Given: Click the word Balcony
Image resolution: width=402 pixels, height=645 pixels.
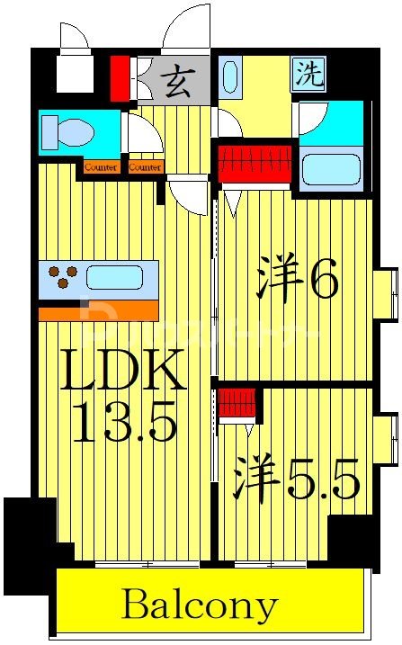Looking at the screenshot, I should (x=200, y=605).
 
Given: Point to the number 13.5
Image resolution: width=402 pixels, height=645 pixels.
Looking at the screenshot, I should (x=123, y=421).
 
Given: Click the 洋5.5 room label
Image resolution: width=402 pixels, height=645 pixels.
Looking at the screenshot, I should (x=297, y=477).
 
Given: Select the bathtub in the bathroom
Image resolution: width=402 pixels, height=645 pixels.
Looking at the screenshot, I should (x=331, y=168).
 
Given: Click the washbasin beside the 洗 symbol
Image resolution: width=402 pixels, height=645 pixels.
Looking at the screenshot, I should (x=230, y=76).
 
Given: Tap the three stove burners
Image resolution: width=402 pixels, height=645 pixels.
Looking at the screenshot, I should (x=60, y=277).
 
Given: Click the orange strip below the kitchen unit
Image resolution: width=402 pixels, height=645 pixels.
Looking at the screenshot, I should (x=98, y=311).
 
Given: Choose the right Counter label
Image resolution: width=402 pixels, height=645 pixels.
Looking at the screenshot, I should (x=144, y=167).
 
